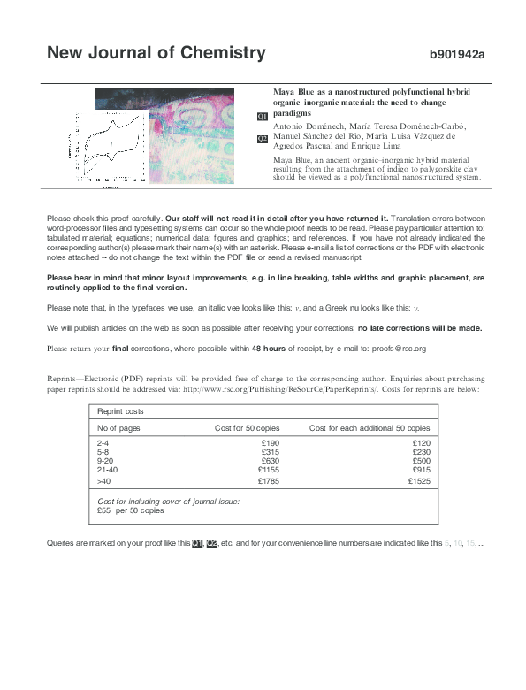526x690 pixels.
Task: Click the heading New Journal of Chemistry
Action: pos(156,53)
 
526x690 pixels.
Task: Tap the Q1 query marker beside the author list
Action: pos(262,117)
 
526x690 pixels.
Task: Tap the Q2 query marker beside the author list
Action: pos(262,139)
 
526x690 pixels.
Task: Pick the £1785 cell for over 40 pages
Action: pos(268,482)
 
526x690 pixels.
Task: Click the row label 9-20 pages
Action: pos(104,460)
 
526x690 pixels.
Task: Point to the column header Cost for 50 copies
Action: pos(247,427)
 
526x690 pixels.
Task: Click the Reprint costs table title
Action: pos(121,411)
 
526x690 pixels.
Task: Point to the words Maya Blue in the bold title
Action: pos(293,92)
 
